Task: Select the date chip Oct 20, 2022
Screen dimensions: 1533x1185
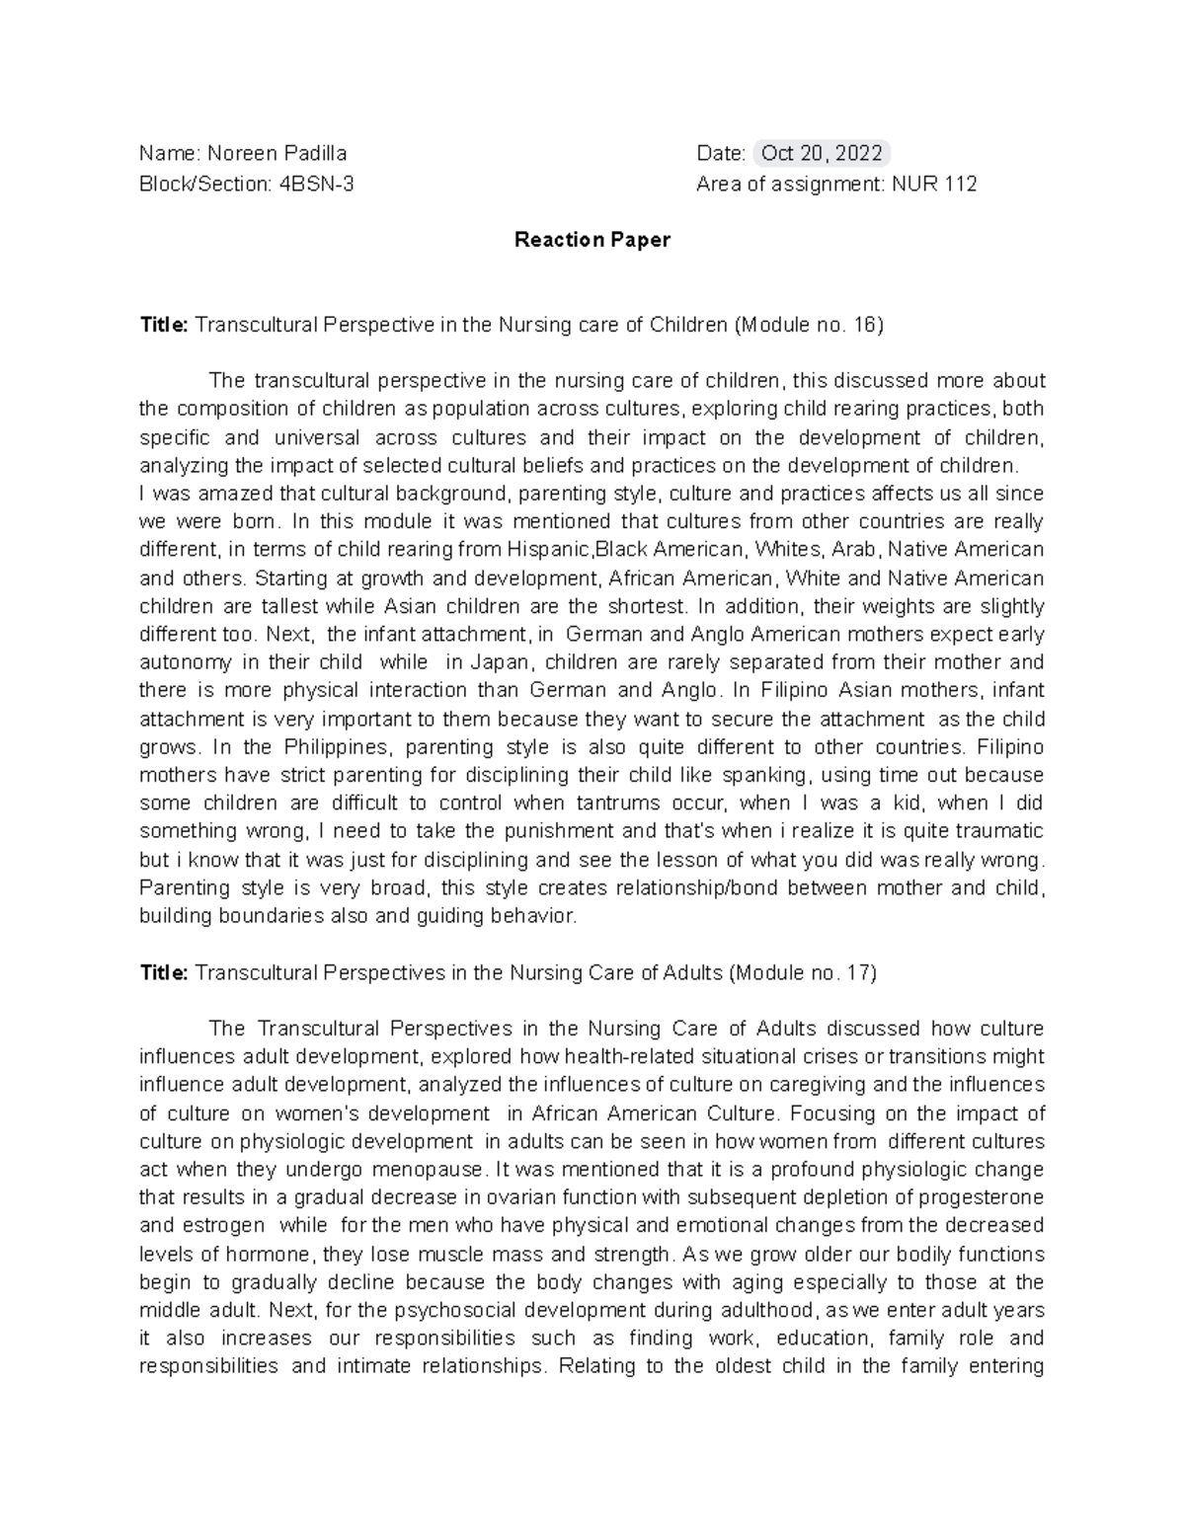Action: click(822, 153)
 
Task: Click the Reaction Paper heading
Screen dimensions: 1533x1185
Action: click(592, 240)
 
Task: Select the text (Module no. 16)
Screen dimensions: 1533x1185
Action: click(808, 325)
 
